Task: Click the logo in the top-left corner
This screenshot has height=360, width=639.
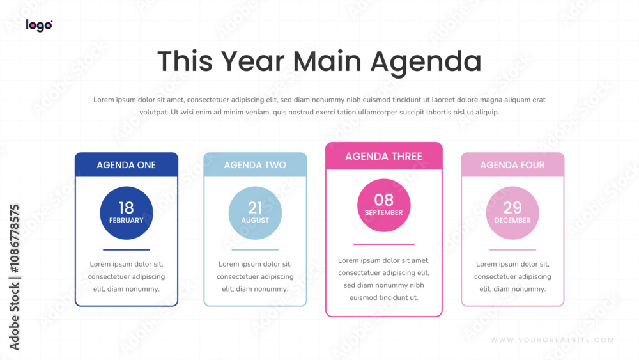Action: pos(39,26)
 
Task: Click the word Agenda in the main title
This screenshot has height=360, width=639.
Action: pos(426,63)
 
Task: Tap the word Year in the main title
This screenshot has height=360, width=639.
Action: pos(252,61)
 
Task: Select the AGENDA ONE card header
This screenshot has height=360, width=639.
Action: pos(127,165)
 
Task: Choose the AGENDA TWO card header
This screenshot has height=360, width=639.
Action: pos(255,165)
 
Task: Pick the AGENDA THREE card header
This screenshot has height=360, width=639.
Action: pos(384,156)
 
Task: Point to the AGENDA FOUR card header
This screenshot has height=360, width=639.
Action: pos(512,165)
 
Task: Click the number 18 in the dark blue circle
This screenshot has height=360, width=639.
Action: pos(127,208)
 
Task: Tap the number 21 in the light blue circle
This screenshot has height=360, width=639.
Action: pos(255,208)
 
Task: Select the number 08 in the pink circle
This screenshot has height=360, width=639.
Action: pos(384,200)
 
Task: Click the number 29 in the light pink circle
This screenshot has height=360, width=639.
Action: pos(512,208)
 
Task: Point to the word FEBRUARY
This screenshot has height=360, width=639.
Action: pos(127,220)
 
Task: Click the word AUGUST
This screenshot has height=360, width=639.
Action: pos(255,220)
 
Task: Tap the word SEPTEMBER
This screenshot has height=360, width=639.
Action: pos(384,212)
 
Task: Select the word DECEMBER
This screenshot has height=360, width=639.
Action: pos(512,220)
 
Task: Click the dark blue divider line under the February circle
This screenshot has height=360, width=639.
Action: pos(127,249)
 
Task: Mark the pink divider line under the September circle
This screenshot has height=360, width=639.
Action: pos(384,244)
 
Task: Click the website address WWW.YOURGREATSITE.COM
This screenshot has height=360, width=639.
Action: pos(552,340)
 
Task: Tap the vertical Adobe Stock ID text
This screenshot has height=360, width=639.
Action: pos(14,278)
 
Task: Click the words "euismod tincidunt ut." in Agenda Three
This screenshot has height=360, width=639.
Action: pos(384,297)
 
